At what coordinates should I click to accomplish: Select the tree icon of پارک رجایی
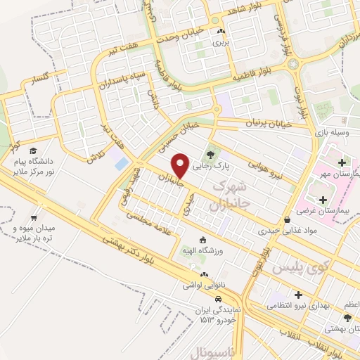click(209, 154)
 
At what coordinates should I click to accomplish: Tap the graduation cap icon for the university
click(33, 150)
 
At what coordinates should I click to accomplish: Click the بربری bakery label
click(221, 42)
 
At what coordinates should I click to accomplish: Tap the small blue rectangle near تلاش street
click(122, 164)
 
